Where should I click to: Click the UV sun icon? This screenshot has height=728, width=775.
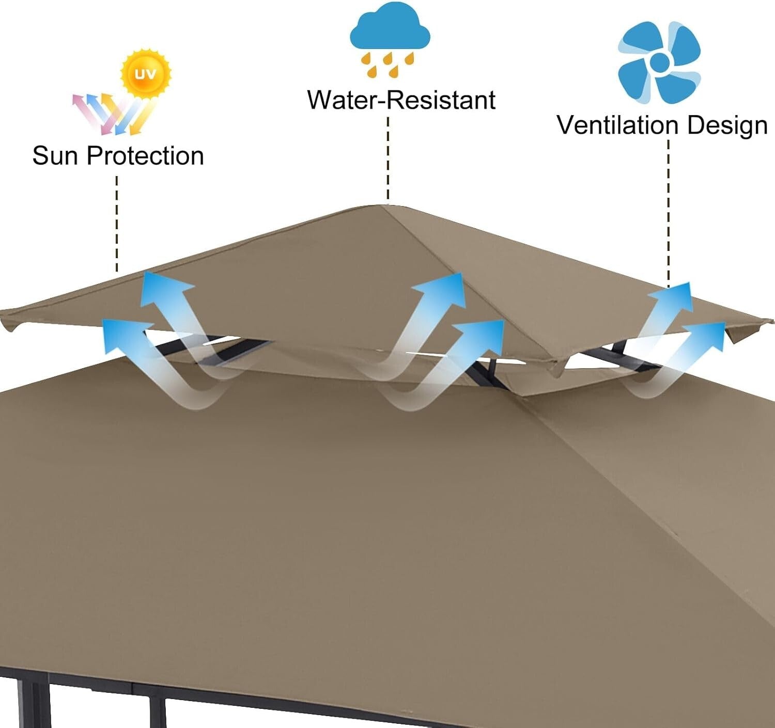click(x=145, y=73)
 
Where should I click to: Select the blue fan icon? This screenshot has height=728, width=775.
click(x=659, y=62)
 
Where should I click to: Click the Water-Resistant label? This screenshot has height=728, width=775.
click(x=401, y=100)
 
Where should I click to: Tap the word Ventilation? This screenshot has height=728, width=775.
click(x=617, y=125)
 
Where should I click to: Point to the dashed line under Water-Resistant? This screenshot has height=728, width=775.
click(x=388, y=157)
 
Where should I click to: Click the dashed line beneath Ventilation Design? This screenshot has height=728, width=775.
click(x=669, y=212)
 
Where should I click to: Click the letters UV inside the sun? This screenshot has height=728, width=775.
click(x=145, y=74)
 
